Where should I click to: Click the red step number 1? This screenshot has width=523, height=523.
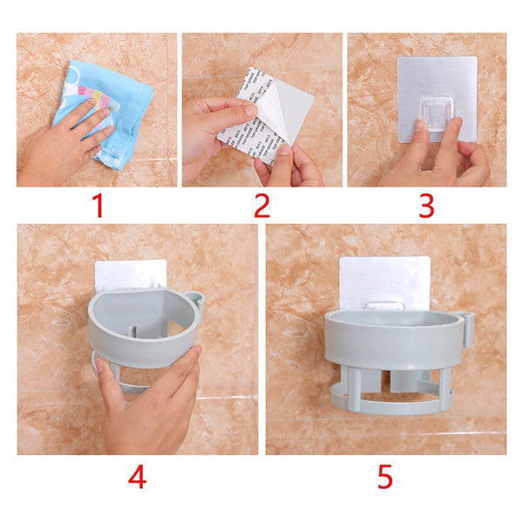98,206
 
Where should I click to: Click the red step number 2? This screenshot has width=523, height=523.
261,206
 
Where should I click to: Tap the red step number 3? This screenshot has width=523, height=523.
426,206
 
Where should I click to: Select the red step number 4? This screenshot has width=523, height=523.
137,478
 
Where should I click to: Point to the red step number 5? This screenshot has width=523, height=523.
384,478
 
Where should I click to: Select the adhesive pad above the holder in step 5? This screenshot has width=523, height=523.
384,279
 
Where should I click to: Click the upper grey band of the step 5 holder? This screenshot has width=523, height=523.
392,344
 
